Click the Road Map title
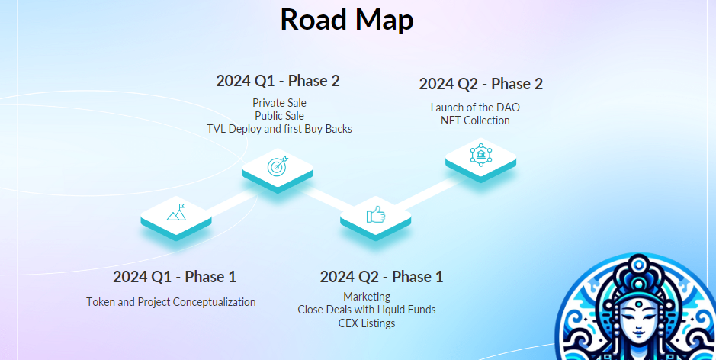click(347, 20)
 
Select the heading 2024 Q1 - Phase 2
click(278, 81)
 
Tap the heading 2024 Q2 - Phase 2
click(481, 84)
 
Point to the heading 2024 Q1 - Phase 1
click(175, 277)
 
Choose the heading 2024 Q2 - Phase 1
click(381, 277)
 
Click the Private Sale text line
click(279, 102)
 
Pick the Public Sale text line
click(279, 116)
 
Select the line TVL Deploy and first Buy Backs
click(279, 129)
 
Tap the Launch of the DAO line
click(475, 108)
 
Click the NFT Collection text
click(475, 121)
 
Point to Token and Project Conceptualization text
click(171, 302)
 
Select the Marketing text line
click(367, 297)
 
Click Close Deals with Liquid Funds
click(367, 310)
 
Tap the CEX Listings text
click(367, 323)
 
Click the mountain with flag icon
click(176, 213)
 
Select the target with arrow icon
click(278, 166)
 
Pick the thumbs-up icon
click(376, 214)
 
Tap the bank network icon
click(480, 155)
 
